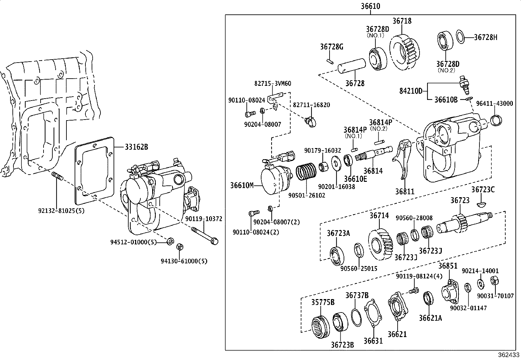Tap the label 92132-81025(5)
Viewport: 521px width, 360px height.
click(62, 211)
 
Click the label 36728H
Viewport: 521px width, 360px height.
click(485, 37)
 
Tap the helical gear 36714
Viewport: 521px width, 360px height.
click(382, 243)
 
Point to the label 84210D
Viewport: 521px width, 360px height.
click(411, 91)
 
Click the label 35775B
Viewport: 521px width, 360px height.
click(323, 302)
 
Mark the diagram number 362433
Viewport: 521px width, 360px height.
click(509, 355)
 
